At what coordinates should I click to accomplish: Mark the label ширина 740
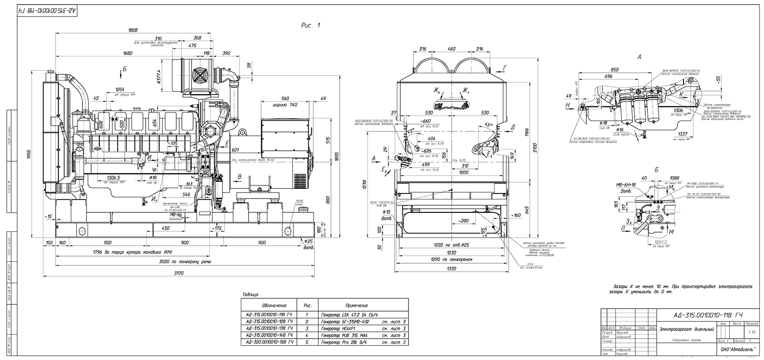tap(286, 104)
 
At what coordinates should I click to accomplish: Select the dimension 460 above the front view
tap(451, 49)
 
